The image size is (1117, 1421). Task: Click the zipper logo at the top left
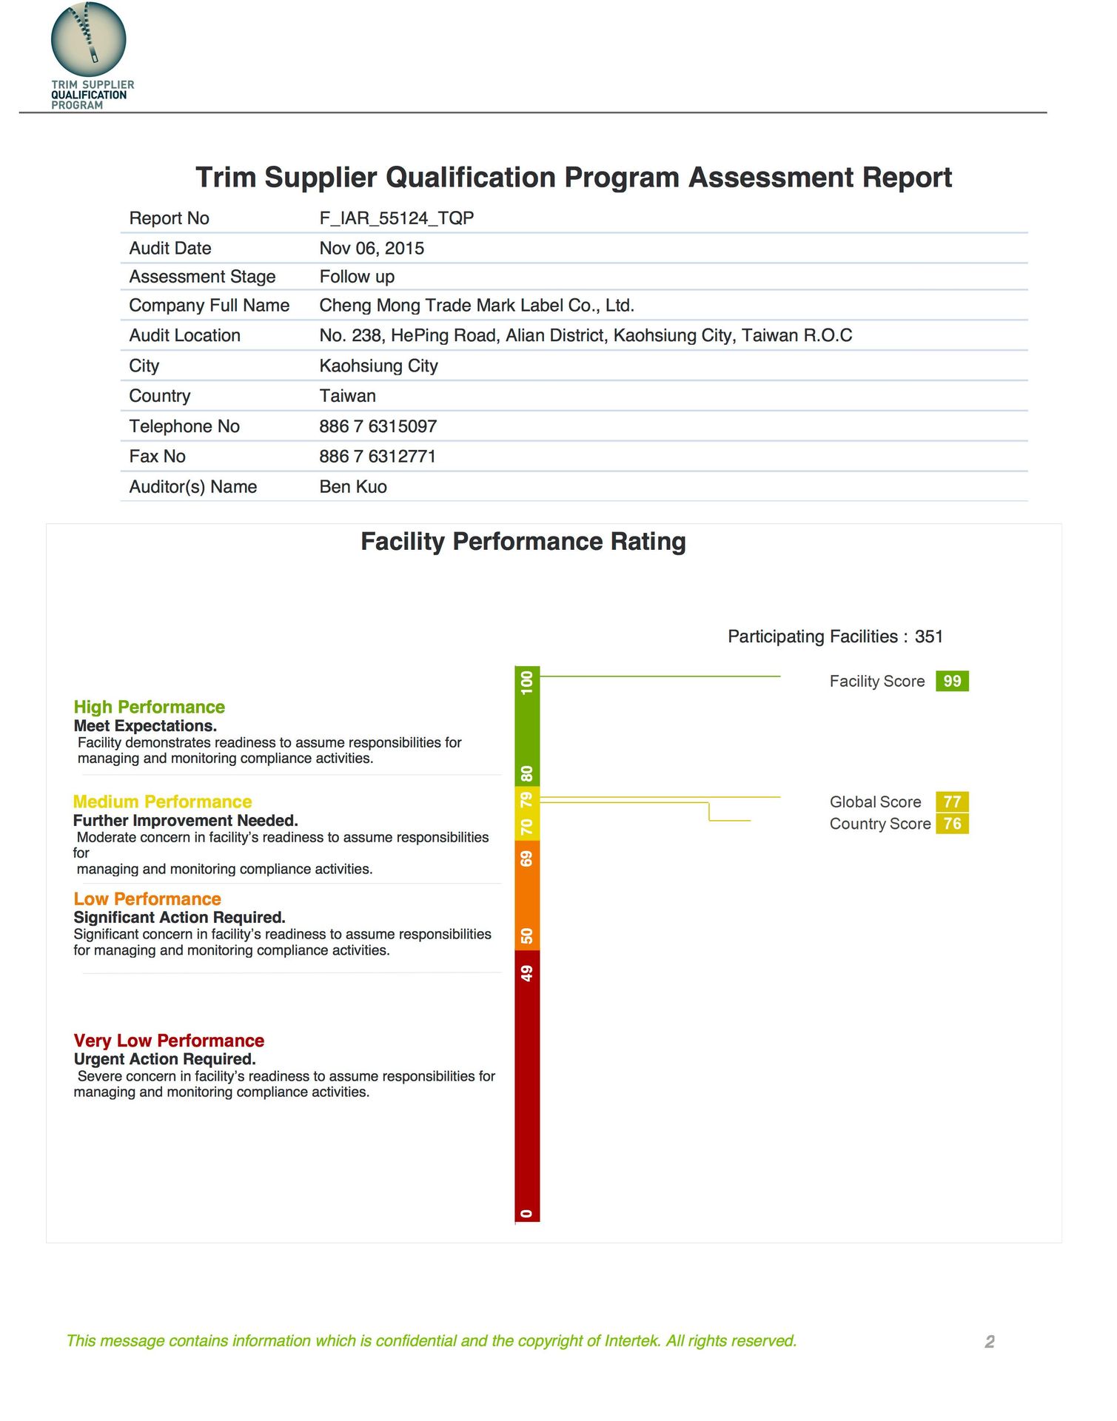88,38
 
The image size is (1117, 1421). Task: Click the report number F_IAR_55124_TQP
396,218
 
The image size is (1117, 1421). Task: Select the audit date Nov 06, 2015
372,249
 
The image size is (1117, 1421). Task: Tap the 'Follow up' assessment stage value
357,277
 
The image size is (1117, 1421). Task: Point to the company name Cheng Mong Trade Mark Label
477,306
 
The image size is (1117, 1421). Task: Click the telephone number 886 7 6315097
378,426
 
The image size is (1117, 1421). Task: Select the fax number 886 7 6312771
378,457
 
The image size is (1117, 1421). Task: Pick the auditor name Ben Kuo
353,487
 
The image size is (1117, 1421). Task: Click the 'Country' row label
160,396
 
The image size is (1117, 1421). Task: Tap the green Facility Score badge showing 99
952,681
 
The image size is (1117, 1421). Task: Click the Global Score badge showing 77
952,802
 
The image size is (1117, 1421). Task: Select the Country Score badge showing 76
952,824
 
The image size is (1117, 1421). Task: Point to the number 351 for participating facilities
928,636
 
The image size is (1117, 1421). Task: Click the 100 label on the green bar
527,682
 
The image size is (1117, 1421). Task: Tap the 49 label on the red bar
527,972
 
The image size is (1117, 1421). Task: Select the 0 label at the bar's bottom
527,1213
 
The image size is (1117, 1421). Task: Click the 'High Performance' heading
149,707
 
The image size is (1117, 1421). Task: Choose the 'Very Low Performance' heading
169,1041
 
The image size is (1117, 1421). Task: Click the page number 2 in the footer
989,1342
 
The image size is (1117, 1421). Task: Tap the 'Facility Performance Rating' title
523,542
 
